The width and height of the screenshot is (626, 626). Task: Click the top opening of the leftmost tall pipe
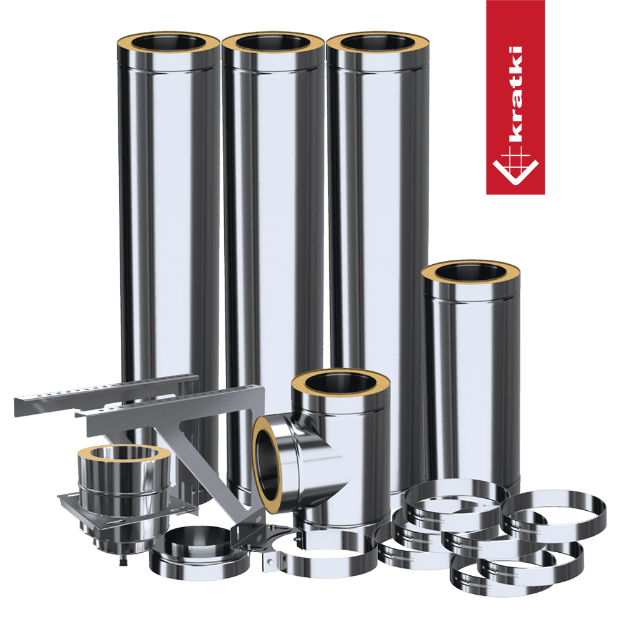click(x=168, y=42)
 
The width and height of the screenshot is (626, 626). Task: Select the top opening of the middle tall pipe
click(x=273, y=42)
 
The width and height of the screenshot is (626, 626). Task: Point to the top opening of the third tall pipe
click(x=377, y=42)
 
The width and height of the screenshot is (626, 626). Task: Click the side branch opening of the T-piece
click(x=266, y=463)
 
